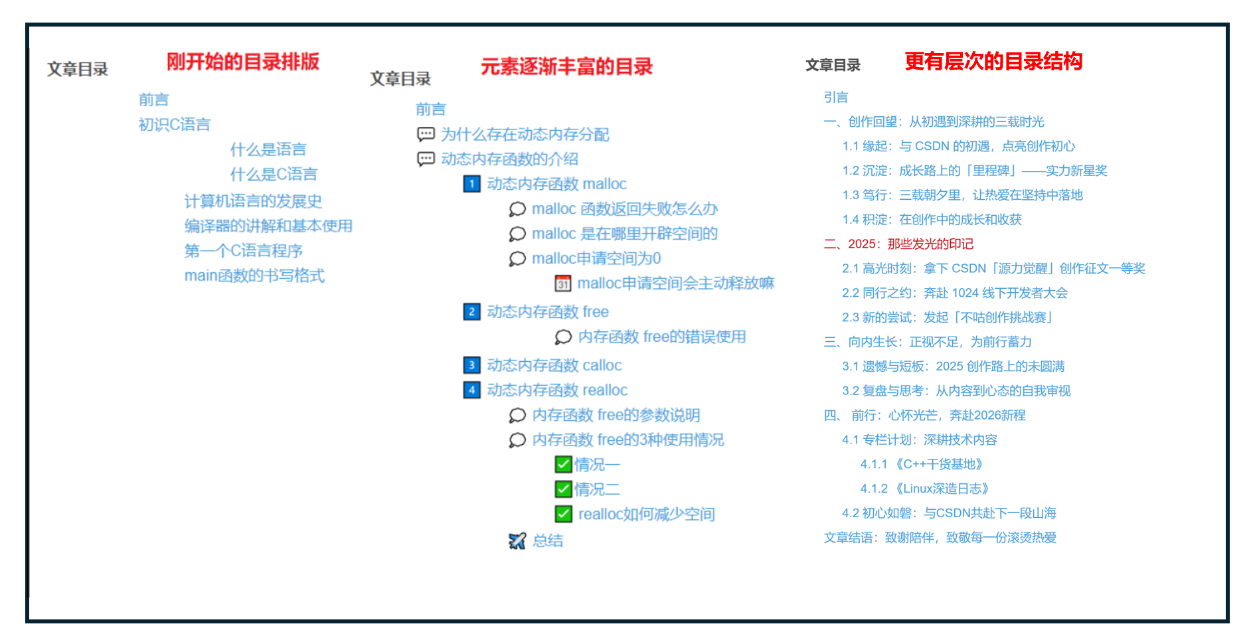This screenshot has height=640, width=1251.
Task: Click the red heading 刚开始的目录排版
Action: point(242,62)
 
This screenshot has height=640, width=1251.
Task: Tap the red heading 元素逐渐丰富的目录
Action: point(566,66)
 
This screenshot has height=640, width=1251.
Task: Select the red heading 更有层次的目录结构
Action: point(993,62)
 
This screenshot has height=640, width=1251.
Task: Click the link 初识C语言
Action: point(174,124)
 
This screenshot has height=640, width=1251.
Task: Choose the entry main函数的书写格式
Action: point(254,276)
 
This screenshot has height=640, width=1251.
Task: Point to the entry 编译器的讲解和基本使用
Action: point(268,226)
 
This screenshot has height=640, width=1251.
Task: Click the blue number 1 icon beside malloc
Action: point(471,184)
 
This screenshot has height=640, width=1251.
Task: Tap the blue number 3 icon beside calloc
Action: point(471,365)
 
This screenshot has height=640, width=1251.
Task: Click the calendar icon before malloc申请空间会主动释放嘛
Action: point(563,283)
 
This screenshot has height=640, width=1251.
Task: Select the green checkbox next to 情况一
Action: point(563,464)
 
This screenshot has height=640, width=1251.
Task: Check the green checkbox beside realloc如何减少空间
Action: point(563,514)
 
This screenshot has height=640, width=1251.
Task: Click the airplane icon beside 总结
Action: point(517,540)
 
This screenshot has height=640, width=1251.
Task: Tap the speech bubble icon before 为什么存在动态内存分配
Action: point(426,134)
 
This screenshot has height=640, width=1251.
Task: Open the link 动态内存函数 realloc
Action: point(557,390)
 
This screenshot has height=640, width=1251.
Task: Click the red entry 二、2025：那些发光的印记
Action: point(898,244)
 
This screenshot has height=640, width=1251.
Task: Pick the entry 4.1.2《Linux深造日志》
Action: point(924,489)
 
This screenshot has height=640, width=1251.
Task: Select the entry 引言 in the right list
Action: point(835,97)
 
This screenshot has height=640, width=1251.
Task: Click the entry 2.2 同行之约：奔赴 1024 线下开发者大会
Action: point(954,293)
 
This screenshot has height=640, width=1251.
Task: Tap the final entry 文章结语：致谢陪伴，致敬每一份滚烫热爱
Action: point(940,537)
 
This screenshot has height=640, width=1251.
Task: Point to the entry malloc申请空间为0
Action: point(596,258)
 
